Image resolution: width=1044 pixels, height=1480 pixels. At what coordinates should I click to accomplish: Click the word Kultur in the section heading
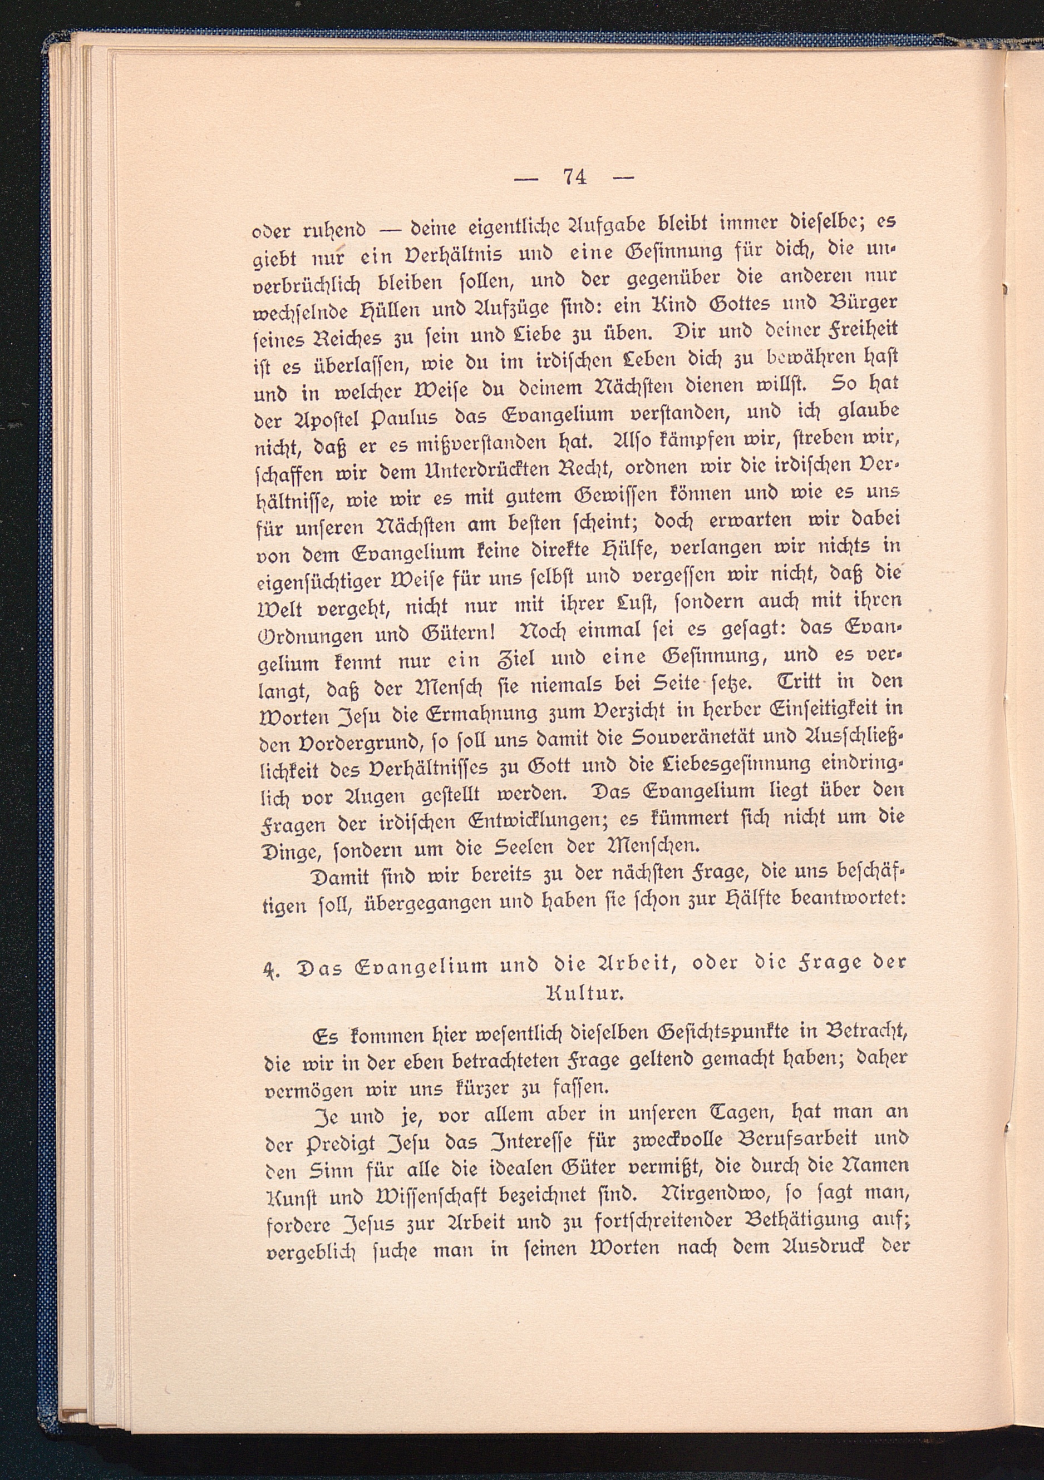pyautogui.click(x=584, y=993)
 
